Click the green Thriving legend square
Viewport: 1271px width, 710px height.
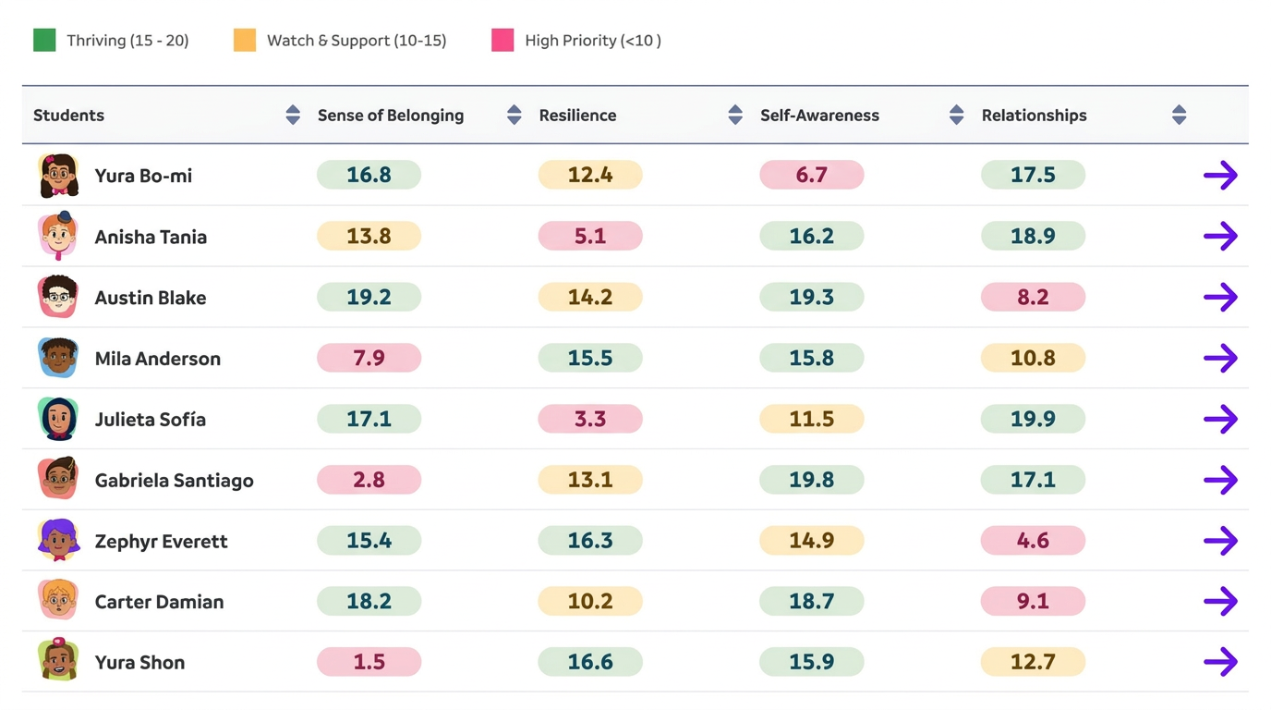pos(44,41)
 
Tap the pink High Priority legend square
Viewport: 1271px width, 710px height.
pos(502,41)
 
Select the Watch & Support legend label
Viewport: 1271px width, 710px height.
pos(356,41)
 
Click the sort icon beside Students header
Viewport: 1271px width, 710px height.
pos(293,116)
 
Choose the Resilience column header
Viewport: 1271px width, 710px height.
pos(577,116)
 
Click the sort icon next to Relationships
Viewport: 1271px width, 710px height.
pos(1179,116)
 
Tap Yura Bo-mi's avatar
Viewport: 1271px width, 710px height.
pos(58,176)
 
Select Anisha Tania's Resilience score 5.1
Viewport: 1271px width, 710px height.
pos(590,237)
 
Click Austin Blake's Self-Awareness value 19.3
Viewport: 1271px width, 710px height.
pos(811,298)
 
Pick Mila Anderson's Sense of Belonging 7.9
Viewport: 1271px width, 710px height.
pos(369,359)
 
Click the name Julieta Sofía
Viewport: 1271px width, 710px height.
pos(150,420)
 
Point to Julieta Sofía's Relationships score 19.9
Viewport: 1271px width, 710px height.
pos(1033,420)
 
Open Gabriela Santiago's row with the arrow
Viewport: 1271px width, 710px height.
pos(1220,480)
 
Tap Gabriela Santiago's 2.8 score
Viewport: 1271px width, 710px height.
pos(369,480)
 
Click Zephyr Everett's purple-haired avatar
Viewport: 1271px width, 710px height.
pos(58,541)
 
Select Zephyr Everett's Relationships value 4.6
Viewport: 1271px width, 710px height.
pos(1033,541)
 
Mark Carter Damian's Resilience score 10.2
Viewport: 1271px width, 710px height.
pos(590,602)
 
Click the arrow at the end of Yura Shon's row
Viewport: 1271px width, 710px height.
pos(1220,662)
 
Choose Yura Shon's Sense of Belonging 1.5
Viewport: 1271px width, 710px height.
pos(369,662)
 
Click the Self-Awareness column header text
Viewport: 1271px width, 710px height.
pos(819,116)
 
